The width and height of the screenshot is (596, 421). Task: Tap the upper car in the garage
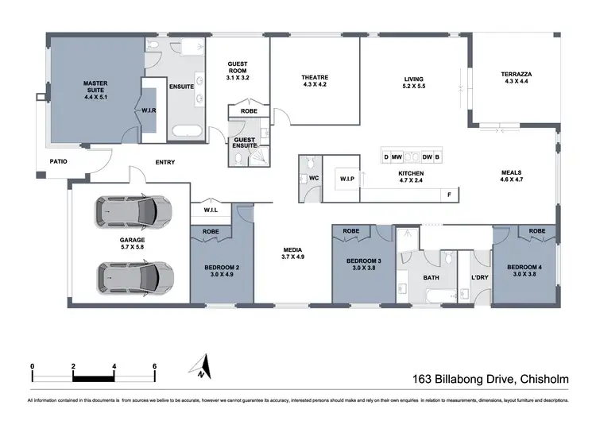pos(134,211)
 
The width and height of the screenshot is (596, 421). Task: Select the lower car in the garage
pos(134,277)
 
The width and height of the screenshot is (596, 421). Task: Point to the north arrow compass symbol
pos(200,367)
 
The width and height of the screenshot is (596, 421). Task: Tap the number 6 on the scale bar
pos(154,366)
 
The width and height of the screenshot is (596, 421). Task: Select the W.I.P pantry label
pos(346,179)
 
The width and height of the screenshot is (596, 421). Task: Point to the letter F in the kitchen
pos(449,195)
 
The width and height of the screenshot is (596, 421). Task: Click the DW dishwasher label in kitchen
pos(427,157)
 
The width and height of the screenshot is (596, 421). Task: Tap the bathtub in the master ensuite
pos(188,132)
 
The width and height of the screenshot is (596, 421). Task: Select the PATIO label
pos(58,161)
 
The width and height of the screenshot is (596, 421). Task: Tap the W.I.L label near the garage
pos(211,210)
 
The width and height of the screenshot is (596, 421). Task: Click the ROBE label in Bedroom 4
pos(537,231)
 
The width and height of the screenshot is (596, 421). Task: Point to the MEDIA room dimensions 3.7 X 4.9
pos(293,257)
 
